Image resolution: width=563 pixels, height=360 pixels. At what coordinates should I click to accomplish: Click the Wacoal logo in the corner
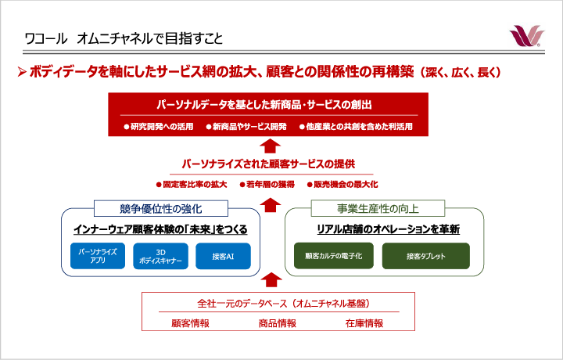tap(527, 36)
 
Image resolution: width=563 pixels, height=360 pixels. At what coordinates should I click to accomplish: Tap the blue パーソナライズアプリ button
tap(98, 256)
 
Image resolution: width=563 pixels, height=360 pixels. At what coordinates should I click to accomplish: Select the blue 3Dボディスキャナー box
tap(160, 256)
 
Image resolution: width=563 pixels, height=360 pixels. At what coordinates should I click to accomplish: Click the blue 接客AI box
tap(223, 256)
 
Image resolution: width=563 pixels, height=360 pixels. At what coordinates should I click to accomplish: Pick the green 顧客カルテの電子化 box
tap(334, 256)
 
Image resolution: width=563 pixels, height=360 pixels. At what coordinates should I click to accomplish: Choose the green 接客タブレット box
tap(426, 256)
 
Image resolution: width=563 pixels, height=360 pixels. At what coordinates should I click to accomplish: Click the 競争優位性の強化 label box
tap(161, 208)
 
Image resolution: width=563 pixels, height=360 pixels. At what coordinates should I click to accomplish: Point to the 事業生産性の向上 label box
tap(378, 208)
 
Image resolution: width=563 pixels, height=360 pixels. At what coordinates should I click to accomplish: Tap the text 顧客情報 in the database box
tap(190, 323)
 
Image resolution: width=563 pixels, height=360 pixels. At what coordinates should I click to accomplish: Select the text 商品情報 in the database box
tap(278, 323)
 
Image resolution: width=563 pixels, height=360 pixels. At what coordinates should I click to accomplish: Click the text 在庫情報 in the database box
tap(364, 323)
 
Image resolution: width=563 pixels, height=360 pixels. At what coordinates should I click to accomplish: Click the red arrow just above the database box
tap(271, 279)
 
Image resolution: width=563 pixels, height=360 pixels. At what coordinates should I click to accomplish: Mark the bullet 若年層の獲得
tap(267, 185)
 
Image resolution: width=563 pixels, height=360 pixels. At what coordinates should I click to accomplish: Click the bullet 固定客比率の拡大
tap(192, 185)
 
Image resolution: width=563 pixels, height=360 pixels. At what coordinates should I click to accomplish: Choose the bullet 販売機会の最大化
tap(342, 185)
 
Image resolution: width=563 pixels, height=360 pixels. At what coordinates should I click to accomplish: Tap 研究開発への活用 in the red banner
tap(158, 127)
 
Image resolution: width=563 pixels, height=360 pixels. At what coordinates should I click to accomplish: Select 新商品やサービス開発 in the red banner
tap(246, 127)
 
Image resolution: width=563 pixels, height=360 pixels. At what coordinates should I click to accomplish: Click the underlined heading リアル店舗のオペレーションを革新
tap(388, 229)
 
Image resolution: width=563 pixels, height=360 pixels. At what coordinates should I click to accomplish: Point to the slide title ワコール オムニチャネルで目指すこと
tap(124, 38)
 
